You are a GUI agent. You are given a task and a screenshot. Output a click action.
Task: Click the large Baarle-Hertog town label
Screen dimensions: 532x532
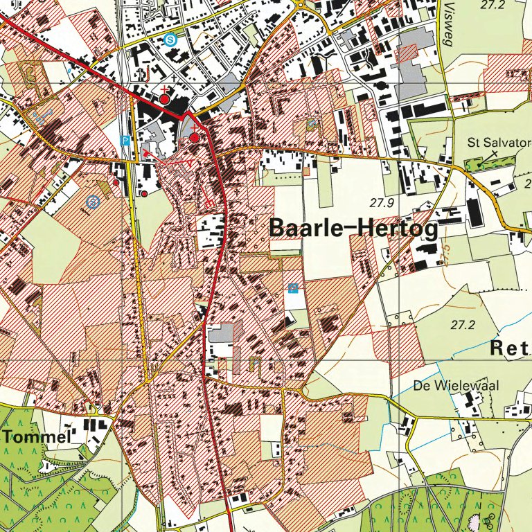click(x=353, y=229)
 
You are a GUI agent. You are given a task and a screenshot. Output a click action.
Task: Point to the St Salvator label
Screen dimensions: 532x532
click(x=493, y=143)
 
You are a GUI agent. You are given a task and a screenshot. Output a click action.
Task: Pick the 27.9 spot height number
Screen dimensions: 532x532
click(x=381, y=203)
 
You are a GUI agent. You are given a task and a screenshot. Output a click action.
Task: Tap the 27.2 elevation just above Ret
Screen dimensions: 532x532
click(x=464, y=324)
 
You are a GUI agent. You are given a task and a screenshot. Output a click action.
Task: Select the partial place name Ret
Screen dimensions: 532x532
click(x=510, y=348)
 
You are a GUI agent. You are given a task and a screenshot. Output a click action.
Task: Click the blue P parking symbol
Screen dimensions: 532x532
click(x=125, y=141)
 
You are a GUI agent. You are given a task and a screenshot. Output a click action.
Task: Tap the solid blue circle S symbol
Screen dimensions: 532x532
click(x=170, y=40)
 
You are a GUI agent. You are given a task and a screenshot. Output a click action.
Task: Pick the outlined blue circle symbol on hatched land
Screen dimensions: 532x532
click(x=94, y=201)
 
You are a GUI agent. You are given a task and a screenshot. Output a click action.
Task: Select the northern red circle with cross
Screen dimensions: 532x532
click(x=164, y=98)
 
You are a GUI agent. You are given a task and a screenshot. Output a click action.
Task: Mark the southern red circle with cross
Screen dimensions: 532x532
click(x=195, y=137)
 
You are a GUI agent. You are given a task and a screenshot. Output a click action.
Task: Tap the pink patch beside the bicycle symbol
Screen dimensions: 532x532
click(x=478, y=517)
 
